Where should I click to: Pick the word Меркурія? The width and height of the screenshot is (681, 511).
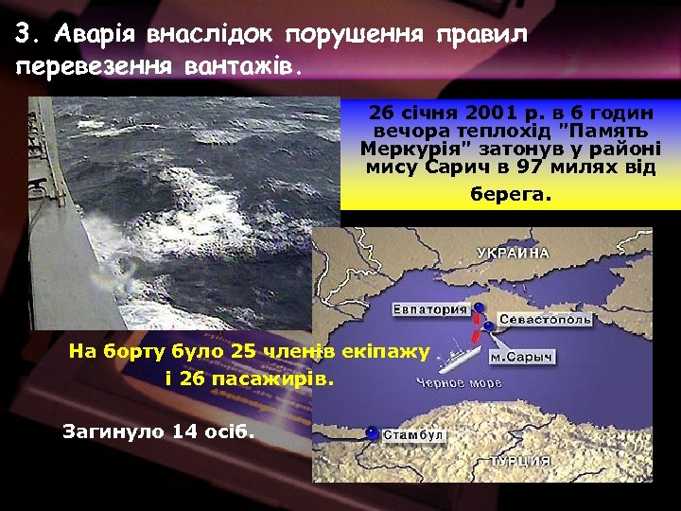pyautogui.click(x=403, y=150)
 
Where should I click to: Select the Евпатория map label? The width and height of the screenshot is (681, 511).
pyautogui.click(x=430, y=309)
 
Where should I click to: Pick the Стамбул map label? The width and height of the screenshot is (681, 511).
pyautogui.click(x=413, y=435)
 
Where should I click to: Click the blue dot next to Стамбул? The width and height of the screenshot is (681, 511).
pyautogui.click(x=373, y=433)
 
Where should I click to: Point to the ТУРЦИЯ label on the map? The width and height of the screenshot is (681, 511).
pyautogui.click(x=519, y=461)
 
